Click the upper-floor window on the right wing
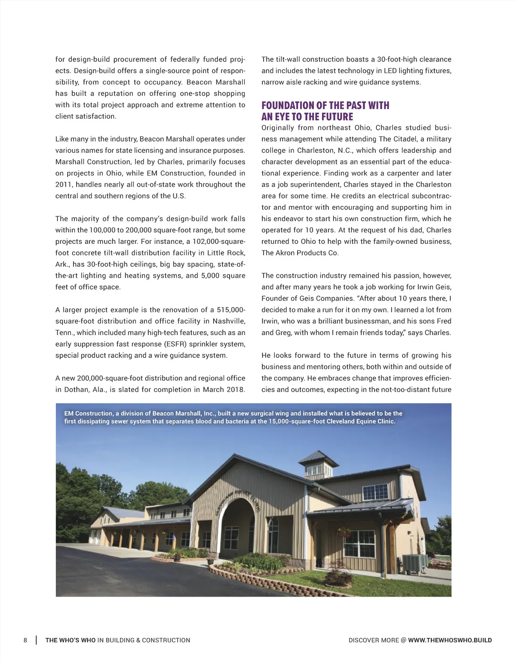375,492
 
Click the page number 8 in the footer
25,640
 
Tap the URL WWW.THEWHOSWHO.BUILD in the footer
450,640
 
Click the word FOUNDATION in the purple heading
287,106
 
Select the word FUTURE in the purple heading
337,117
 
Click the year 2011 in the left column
64,185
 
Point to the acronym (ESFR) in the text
175,344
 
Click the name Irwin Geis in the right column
434,287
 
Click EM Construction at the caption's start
88,413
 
